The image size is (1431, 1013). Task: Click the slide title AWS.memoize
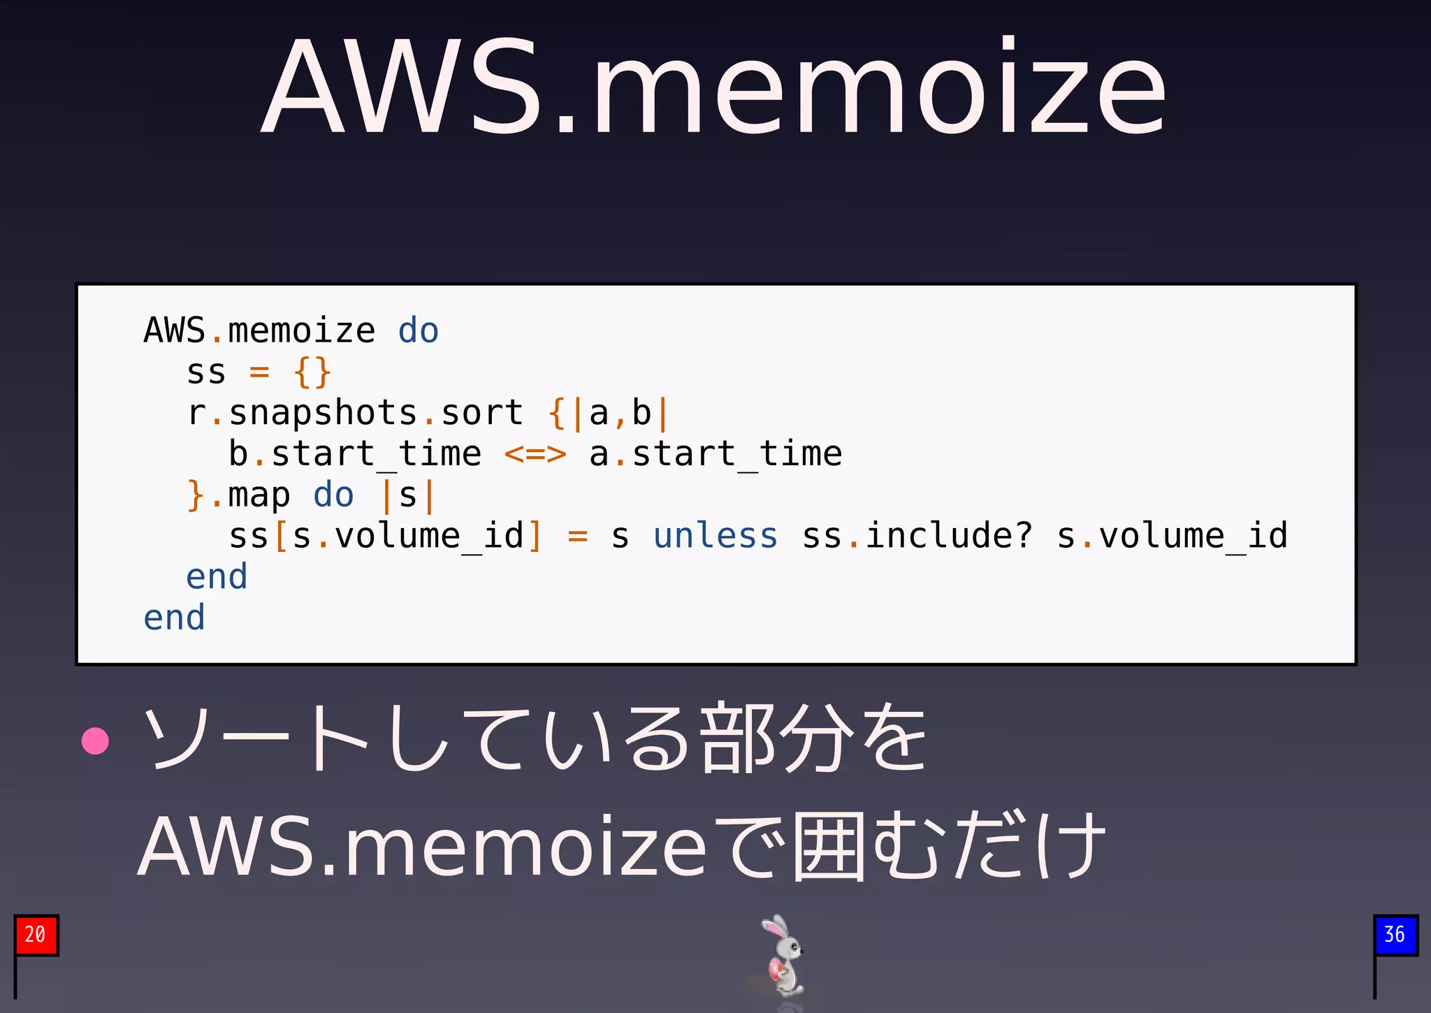coord(714,87)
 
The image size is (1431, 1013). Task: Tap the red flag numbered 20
coord(36,935)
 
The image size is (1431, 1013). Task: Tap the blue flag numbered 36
coord(1395,935)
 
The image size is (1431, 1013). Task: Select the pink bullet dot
coord(95,741)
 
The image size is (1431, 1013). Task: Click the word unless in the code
coord(715,537)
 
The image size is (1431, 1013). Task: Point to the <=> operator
coord(535,455)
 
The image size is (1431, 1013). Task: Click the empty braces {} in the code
coord(312,372)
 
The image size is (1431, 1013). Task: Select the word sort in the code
coord(482,413)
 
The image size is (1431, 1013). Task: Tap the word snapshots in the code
coord(323,413)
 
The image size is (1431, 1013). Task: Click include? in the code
coord(948,537)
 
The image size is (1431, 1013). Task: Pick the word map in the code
coord(259,496)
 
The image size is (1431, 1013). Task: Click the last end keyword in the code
coord(174,618)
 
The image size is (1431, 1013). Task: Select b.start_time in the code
coord(355,455)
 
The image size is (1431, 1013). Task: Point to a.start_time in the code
coord(715,455)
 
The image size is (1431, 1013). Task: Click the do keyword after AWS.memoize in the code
coord(418,331)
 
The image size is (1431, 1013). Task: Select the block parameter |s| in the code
coord(408,496)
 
